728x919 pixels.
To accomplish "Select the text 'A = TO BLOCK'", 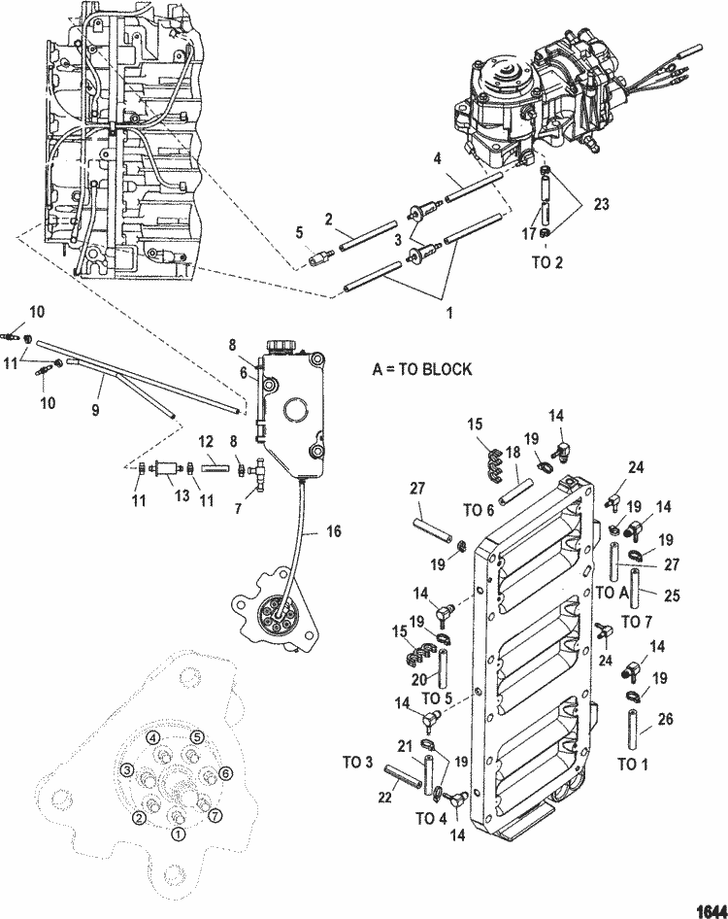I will pos(422,369).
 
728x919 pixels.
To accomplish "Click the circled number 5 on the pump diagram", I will pos(196,736).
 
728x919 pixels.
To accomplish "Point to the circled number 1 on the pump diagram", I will pos(178,833).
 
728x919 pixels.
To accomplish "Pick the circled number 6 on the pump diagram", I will pos(225,773).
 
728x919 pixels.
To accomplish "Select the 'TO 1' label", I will pos(632,765).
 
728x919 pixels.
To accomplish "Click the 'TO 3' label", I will pos(357,761).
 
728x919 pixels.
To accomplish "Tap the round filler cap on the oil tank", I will pos(283,344).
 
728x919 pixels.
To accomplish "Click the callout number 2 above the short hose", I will pos(329,219).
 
